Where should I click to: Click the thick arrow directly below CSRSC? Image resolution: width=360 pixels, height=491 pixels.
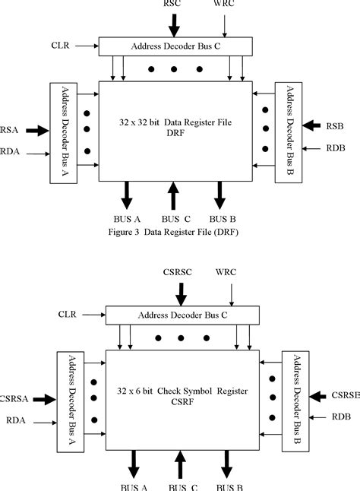[x=180, y=291]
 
